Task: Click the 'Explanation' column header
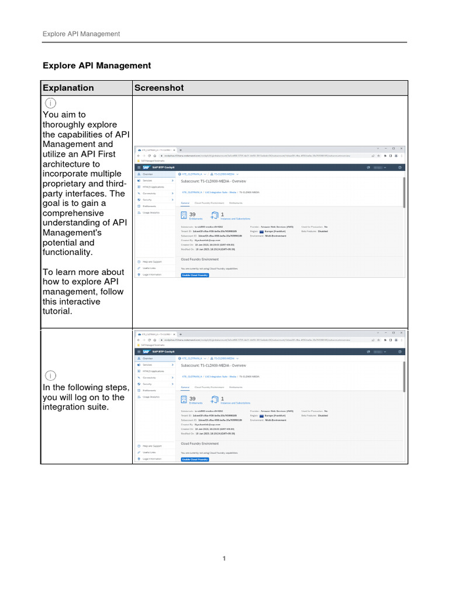(67, 88)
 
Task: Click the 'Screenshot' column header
(158, 88)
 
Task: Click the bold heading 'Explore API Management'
(96, 66)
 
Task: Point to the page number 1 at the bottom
(224, 559)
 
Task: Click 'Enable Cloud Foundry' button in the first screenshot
(195, 275)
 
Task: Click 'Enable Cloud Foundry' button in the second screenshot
(195, 459)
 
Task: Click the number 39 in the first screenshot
(192, 215)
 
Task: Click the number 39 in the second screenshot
(192, 399)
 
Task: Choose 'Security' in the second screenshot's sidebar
(147, 384)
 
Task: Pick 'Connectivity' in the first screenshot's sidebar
(149, 193)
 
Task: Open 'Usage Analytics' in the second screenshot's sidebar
(150, 397)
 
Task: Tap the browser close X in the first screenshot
(402, 148)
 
